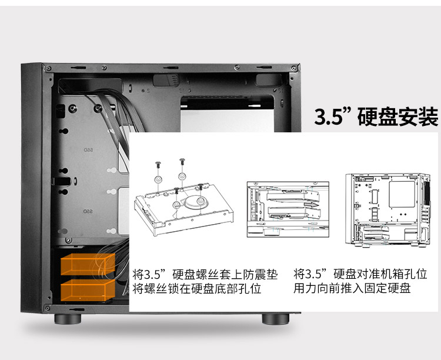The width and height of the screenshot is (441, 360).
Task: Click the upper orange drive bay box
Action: point(88,264)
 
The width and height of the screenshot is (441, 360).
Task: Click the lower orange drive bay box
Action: point(88,290)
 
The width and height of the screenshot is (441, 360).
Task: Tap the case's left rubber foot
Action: point(68,319)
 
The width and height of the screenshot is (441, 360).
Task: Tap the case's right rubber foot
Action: point(276,319)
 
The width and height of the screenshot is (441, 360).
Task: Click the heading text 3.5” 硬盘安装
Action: point(376,116)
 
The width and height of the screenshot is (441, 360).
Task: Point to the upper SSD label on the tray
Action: point(88,150)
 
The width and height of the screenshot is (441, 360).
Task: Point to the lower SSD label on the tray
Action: point(88,211)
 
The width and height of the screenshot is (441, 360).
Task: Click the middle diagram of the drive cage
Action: point(288,209)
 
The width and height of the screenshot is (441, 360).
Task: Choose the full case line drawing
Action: point(388,210)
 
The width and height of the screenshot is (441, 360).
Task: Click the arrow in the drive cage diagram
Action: point(312,204)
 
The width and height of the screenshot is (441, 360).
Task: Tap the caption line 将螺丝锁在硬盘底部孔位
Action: point(197,289)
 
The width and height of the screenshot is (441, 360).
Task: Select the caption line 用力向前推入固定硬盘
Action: point(352,288)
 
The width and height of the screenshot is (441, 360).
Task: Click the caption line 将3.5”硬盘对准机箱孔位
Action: point(360,274)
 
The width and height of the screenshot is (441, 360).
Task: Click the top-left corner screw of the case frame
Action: point(48,68)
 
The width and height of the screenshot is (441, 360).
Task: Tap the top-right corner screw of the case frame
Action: point(294,68)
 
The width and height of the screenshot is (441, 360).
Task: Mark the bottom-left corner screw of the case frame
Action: point(47,308)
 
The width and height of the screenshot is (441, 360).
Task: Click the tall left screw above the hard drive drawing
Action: point(158,165)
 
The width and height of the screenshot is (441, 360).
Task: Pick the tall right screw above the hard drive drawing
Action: point(182,162)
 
